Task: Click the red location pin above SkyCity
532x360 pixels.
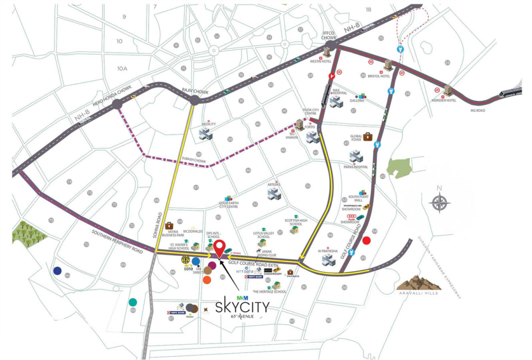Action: point(220,248)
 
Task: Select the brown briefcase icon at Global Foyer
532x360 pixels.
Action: point(368,136)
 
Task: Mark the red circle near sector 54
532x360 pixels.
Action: point(367,240)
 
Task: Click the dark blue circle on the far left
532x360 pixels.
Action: point(57,271)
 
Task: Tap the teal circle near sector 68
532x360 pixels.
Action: point(134,302)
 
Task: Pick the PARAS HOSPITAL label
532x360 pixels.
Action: point(355,167)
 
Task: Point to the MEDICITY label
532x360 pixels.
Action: point(208,124)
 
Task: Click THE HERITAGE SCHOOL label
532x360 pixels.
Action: point(269,292)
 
